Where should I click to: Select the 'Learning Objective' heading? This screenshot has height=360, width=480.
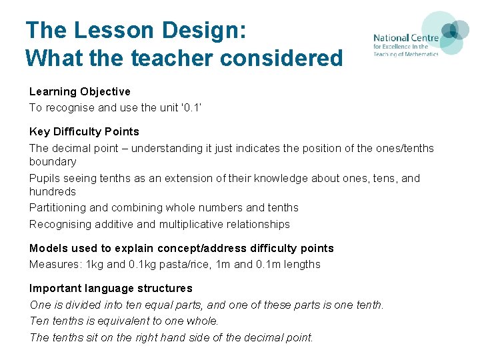[79, 91]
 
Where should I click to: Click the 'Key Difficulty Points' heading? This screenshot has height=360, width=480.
[84, 131]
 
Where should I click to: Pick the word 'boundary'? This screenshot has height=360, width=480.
[53, 161]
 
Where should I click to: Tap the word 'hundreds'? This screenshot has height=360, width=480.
[53, 191]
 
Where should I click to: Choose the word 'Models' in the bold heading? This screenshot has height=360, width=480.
[47, 248]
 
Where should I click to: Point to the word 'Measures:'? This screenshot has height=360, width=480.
[53, 264]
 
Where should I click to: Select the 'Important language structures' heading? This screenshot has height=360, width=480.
[111, 288]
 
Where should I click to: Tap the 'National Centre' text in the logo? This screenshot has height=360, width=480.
[405, 39]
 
